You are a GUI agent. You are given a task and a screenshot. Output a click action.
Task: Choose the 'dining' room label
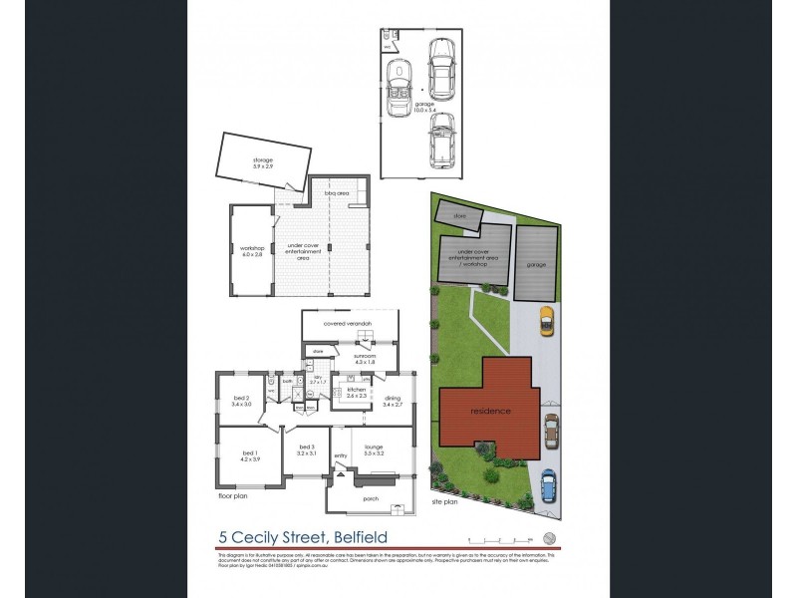(x=392, y=401)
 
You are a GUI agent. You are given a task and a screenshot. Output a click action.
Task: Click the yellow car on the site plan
(x=545, y=321)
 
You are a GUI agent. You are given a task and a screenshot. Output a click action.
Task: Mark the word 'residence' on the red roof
(x=491, y=411)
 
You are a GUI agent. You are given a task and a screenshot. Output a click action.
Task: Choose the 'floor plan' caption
(x=233, y=493)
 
